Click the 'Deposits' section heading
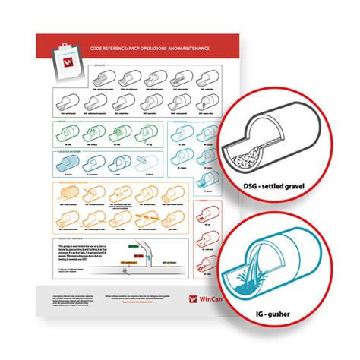99,67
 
